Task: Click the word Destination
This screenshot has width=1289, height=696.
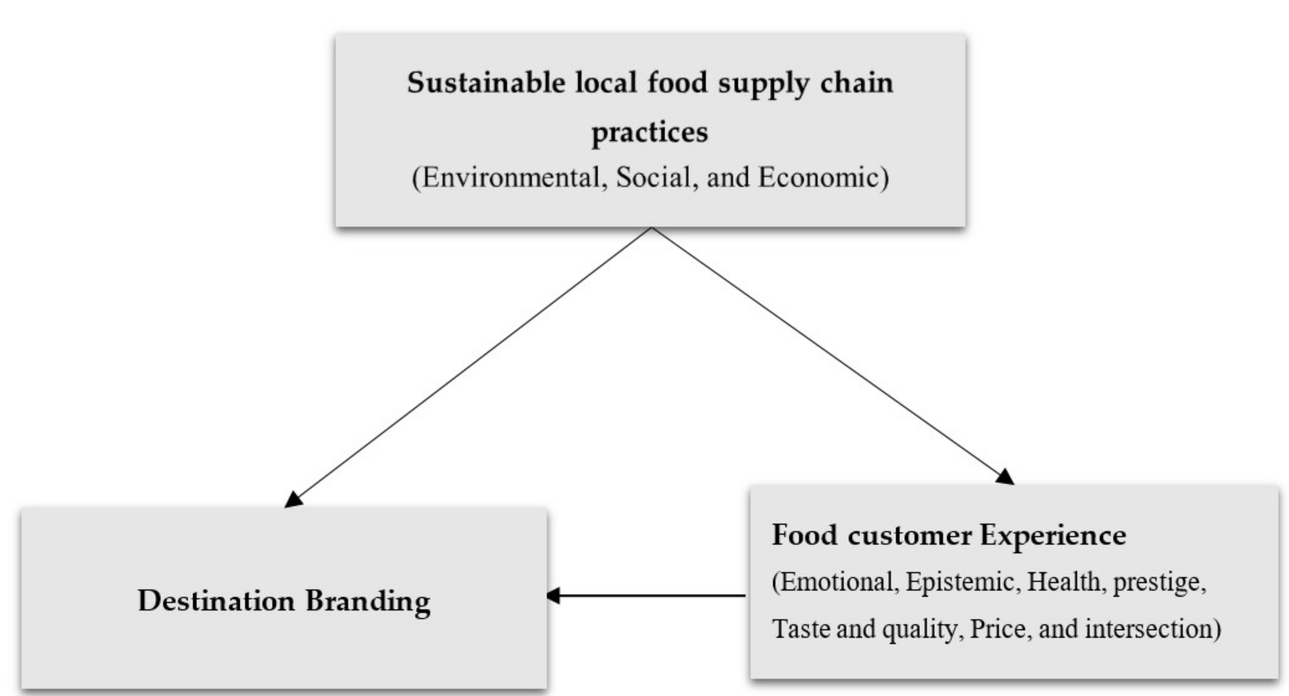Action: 216,601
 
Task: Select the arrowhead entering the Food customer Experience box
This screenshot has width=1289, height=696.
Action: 1005,477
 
